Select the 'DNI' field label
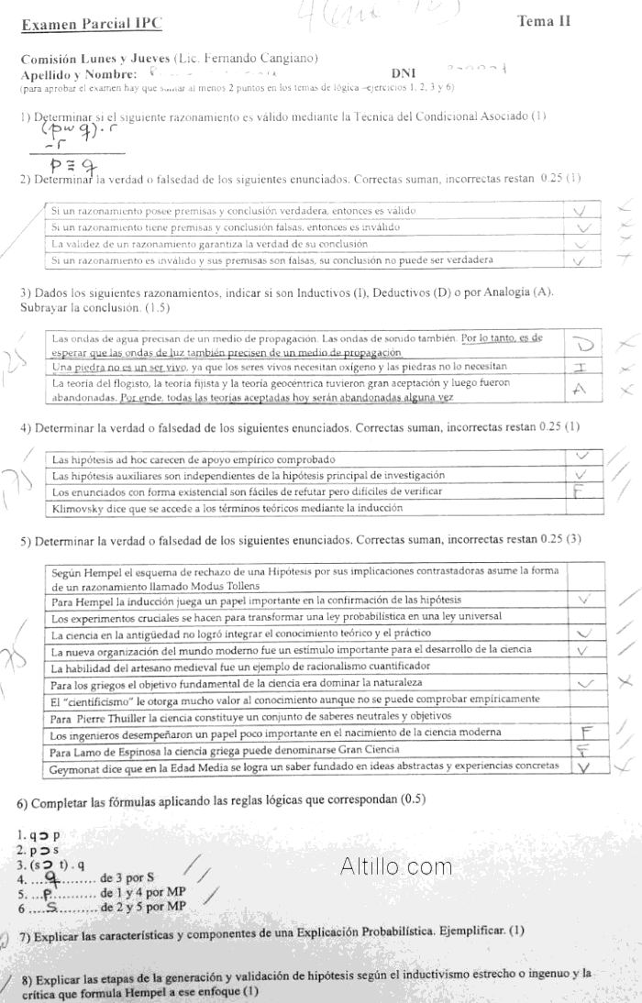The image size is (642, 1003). coord(403,72)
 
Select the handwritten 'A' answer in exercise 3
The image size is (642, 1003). coord(580,389)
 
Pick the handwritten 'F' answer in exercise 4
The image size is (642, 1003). coord(580,491)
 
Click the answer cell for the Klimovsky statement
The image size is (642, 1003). coord(580,507)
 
